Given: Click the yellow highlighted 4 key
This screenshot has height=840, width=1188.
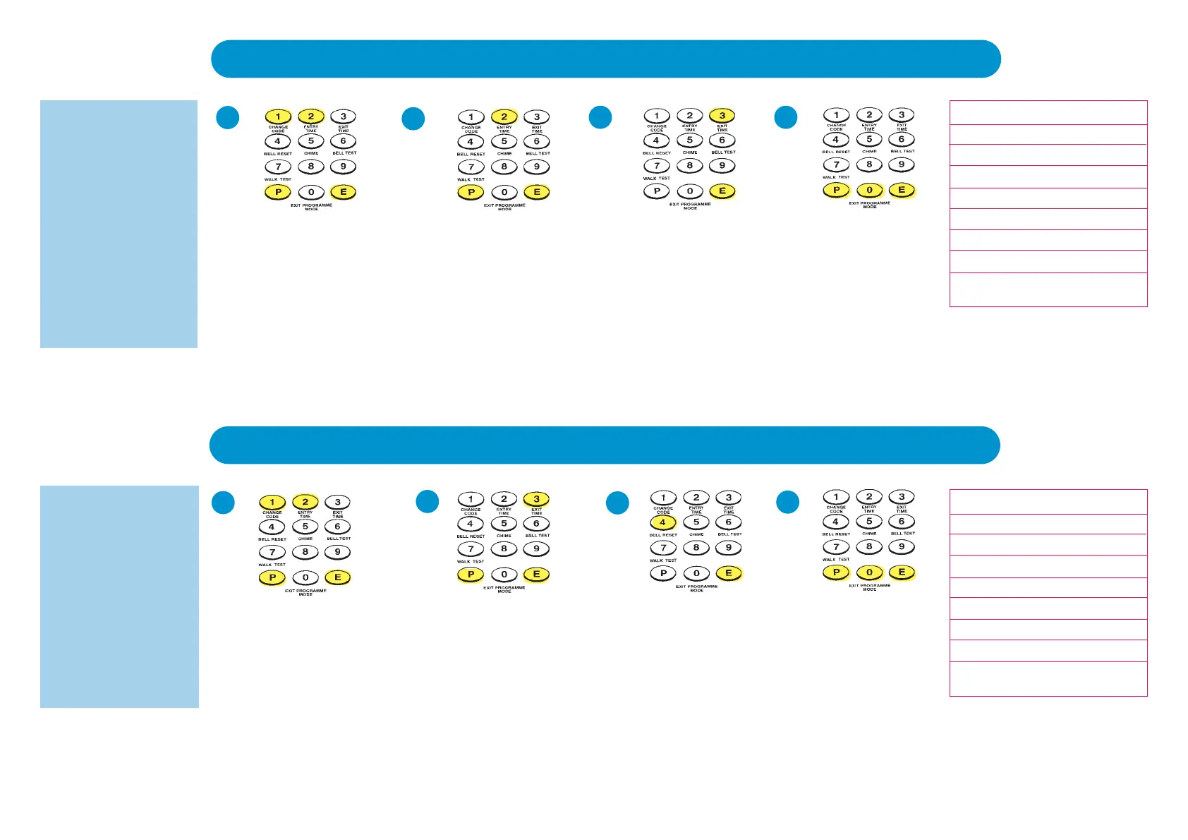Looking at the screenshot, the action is (x=662, y=523).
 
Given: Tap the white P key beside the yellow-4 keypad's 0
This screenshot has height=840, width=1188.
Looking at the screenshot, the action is (x=662, y=573).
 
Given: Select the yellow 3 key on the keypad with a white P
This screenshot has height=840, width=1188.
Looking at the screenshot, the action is (x=722, y=116).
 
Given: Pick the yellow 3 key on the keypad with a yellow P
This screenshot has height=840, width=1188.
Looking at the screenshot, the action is (x=536, y=500).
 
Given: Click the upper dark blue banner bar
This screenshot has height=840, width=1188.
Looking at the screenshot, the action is (x=605, y=59).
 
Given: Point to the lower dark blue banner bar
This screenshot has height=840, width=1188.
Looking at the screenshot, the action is (x=605, y=445).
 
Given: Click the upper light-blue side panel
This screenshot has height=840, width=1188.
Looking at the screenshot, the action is (x=119, y=224).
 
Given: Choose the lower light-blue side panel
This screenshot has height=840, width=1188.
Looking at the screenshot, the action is (x=119, y=596).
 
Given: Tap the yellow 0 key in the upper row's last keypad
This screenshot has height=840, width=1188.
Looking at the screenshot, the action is (x=869, y=190).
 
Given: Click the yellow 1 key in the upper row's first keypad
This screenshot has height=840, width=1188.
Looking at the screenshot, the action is (x=278, y=116).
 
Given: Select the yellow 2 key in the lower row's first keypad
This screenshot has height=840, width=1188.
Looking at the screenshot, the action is (x=305, y=502).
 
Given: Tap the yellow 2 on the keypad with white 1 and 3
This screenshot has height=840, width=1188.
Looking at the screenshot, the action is (x=504, y=116).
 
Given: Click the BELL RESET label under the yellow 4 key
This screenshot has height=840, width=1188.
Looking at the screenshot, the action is (x=662, y=535).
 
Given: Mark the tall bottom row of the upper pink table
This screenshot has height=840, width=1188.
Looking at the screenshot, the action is (x=1048, y=289).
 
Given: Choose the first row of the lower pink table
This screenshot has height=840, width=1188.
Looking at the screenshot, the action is (x=1048, y=502).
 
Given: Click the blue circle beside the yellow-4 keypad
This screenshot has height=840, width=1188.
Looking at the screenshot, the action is (x=617, y=503).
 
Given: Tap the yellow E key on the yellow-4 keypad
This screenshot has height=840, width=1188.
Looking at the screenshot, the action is (x=729, y=573).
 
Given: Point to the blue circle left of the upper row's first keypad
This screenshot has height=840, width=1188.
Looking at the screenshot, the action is (x=227, y=117).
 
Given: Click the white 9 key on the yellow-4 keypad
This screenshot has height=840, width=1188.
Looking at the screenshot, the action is (x=729, y=548).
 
